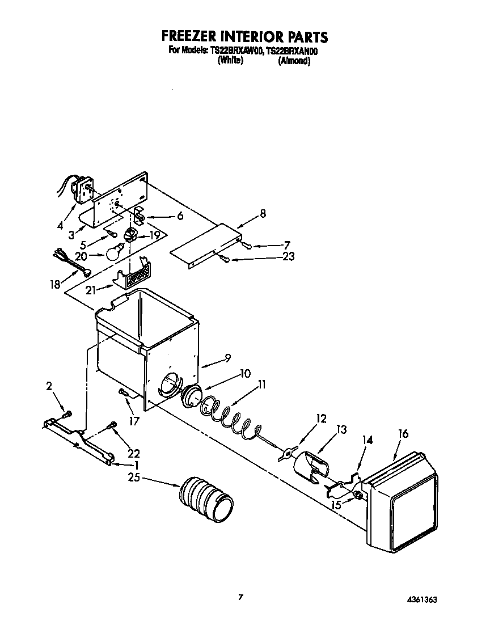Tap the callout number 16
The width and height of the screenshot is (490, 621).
403,434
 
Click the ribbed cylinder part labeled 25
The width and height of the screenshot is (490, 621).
206,497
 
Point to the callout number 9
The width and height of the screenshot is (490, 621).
227,358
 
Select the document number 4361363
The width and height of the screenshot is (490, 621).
421,599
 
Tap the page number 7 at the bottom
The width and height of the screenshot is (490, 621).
242,597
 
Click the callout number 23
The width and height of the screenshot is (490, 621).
288,256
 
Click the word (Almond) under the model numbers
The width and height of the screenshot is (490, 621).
294,61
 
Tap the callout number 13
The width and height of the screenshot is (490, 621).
341,430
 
